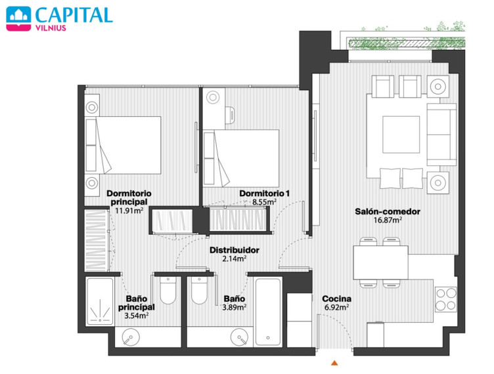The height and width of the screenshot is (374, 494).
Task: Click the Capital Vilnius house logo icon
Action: [18, 18]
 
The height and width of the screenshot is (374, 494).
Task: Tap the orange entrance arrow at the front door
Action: [334, 363]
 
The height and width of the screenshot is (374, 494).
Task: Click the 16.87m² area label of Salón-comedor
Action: [388, 220]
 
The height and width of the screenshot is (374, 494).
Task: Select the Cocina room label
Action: [336, 299]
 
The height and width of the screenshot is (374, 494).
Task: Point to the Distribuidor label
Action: [235, 250]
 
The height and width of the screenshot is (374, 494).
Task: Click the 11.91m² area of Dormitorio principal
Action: [129, 211]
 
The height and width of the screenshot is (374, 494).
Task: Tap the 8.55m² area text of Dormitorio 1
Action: [264, 202]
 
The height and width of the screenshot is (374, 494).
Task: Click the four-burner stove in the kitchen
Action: [446, 299]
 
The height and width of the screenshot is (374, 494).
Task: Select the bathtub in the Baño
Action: [268, 312]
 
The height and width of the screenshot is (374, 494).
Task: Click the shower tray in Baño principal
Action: [100, 301]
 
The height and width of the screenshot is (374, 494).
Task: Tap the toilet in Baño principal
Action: [168, 290]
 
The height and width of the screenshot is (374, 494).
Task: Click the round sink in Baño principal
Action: [130, 337]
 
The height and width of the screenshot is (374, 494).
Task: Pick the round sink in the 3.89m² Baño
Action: [239, 337]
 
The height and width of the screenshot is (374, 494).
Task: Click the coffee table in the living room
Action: [401, 135]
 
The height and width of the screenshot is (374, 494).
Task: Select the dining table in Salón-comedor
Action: [380, 262]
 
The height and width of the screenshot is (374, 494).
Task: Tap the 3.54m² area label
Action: [137, 316]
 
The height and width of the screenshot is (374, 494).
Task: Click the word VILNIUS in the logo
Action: [51, 28]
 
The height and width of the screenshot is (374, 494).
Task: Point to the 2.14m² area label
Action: [234, 259]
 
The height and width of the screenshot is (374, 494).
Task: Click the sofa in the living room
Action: [441, 135]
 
